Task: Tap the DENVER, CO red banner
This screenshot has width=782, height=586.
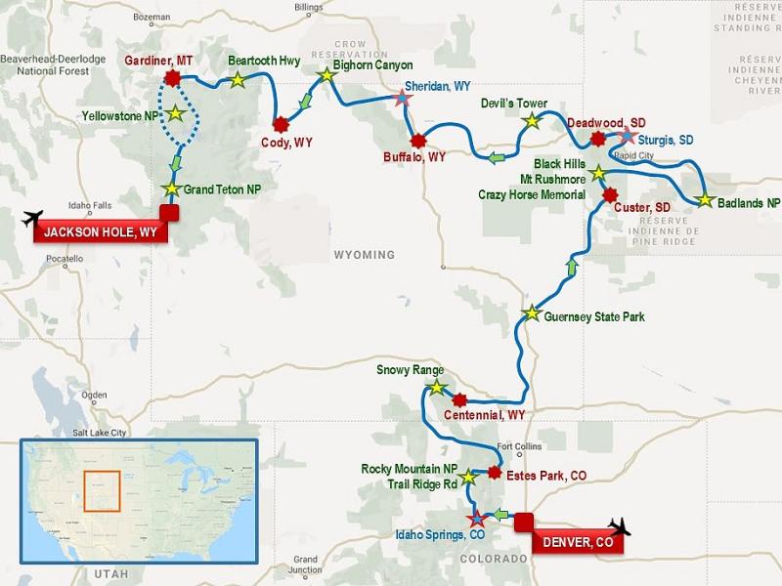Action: [x=579, y=542]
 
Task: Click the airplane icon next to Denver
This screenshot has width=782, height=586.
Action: [x=618, y=528]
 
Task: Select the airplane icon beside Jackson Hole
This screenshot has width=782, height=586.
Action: [x=31, y=218]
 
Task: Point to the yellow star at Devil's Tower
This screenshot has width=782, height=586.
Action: [x=531, y=122]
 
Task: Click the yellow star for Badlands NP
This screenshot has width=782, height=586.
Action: [x=705, y=200]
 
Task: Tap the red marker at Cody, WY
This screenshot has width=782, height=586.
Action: [x=282, y=124]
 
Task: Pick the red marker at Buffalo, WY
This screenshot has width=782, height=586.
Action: [x=418, y=141]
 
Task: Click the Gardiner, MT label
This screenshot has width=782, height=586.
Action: [x=159, y=61]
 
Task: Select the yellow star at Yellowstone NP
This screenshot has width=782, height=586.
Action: [x=175, y=113]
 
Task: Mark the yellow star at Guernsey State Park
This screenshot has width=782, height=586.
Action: [x=531, y=314]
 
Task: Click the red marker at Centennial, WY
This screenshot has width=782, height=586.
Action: [x=460, y=399]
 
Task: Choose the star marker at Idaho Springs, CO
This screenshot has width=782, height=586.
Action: [x=477, y=519]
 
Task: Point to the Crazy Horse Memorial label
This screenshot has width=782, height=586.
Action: [x=532, y=195]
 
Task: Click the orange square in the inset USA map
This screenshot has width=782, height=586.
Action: [x=102, y=488]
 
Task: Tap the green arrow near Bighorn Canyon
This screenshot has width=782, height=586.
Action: [x=306, y=103]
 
